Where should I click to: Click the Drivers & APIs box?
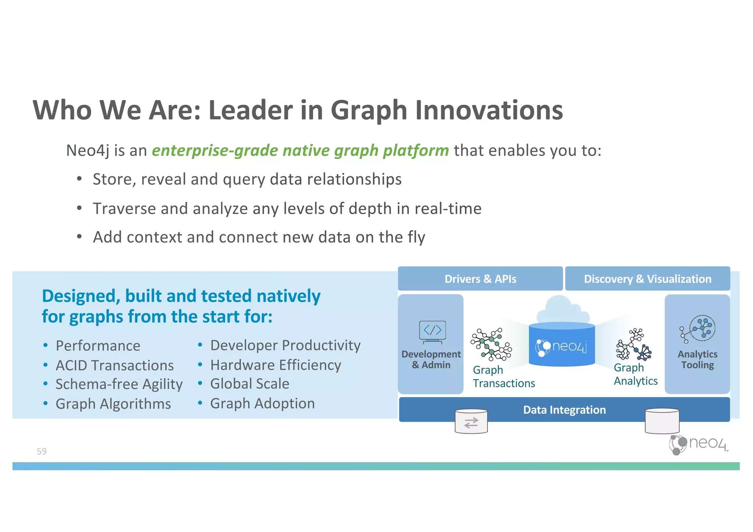point(480,279)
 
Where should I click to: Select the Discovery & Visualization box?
point(647,279)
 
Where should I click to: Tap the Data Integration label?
point(564,410)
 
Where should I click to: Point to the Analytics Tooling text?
point(697,359)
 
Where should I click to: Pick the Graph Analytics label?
point(635,374)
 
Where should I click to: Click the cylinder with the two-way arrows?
point(471,422)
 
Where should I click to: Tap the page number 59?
point(42,451)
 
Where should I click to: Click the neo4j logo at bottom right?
point(698,444)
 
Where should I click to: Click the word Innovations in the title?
point(489,110)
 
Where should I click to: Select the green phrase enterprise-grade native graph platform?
point(300,151)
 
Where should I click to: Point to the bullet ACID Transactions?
point(114,365)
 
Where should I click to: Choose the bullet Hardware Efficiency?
point(275,365)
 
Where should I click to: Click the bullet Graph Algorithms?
point(113,404)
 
